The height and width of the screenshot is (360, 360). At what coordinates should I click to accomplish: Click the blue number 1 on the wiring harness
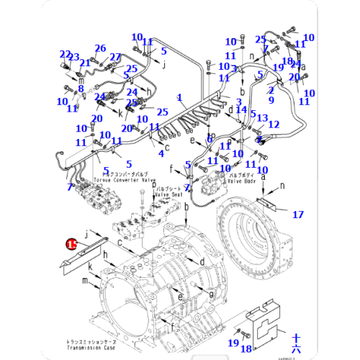[x=179, y=96]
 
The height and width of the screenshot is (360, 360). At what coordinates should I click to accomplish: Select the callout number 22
[x=65, y=55]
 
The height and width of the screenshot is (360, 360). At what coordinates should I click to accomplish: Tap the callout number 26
[x=100, y=48]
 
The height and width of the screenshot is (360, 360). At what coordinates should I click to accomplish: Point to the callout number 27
[x=115, y=57]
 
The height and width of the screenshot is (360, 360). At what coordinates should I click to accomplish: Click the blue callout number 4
[x=161, y=153]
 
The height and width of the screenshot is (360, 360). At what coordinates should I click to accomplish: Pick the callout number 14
[x=241, y=109]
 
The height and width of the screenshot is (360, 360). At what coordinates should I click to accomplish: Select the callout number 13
[x=262, y=118]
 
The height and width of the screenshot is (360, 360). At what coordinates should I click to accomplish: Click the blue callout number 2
[x=271, y=90]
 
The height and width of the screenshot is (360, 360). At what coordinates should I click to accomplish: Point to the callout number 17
[x=297, y=214]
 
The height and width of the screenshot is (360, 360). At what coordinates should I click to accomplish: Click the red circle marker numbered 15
[x=71, y=245]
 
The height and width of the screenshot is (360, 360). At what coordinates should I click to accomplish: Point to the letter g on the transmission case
[x=210, y=294]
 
